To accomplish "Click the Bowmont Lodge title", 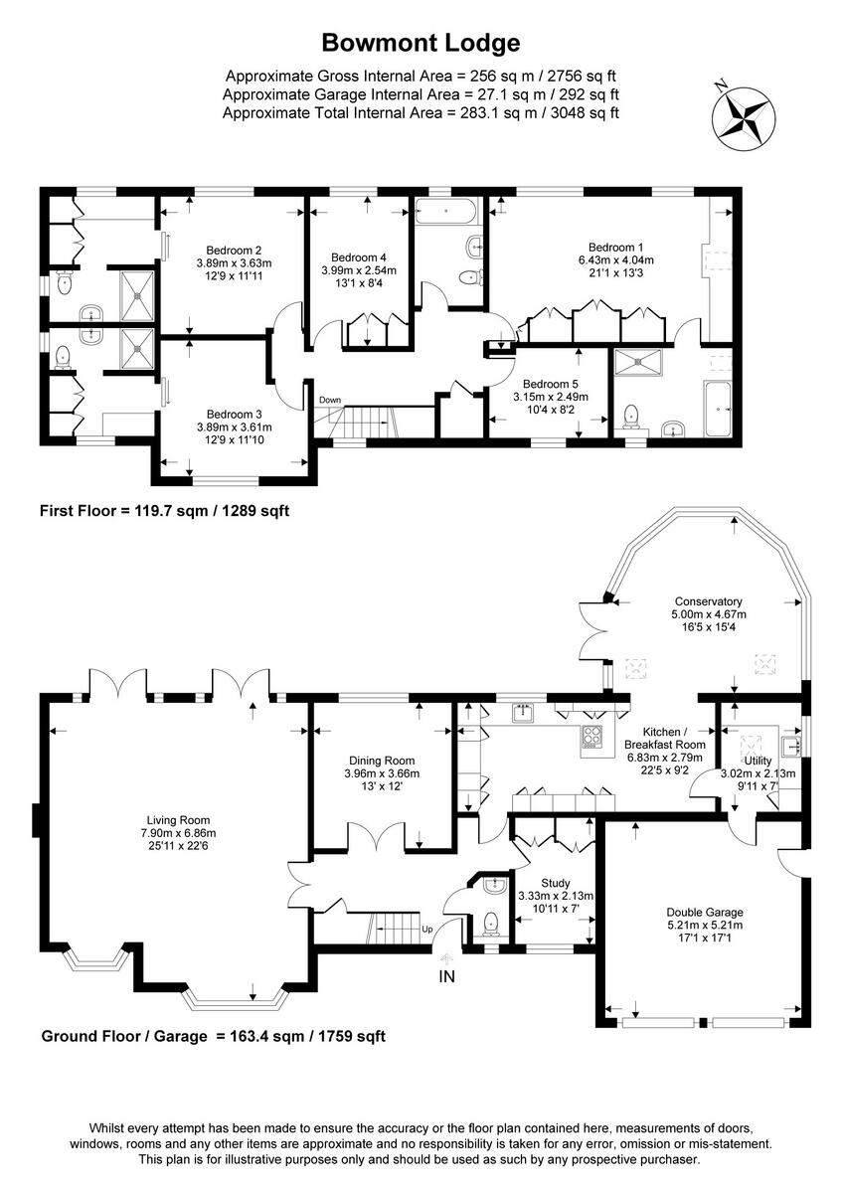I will click(x=421, y=43).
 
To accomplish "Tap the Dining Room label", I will click(x=381, y=761).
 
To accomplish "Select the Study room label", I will click(x=556, y=882).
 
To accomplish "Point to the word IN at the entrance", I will click(x=447, y=976).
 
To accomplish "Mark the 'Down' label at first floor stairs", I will click(x=329, y=400).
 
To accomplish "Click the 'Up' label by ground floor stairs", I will click(x=428, y=930).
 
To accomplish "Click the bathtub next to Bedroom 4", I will click(x=447, y=210).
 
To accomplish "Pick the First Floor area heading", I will click(x=164, y=511).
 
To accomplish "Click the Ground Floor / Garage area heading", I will click(x=213, y=1036).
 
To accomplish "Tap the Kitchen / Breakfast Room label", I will click(x=664, y=737).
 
